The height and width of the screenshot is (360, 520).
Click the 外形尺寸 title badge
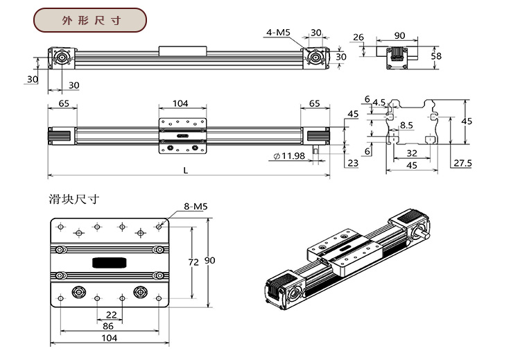[91, 20]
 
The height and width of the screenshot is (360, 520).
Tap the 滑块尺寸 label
[73, 199]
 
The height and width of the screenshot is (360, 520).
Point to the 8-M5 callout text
[195, 206]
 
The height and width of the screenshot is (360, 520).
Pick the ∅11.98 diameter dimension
[290, 156]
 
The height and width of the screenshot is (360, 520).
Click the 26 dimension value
[358, 37]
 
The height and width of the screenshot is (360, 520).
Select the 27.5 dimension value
[461, 163]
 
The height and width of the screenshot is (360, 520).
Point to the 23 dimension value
[353, 163]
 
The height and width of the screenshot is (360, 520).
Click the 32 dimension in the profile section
[411, 153]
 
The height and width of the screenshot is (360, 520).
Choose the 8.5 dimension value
[407, 126]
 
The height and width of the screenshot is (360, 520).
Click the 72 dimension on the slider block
[193, 262]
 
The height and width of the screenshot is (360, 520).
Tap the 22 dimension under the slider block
[111, 314]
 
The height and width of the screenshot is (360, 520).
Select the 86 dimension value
[108, 325]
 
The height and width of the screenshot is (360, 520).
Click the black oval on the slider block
[109, 262]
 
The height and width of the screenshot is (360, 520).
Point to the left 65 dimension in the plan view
[63, 103]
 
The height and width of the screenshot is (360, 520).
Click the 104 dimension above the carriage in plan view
[180, 103]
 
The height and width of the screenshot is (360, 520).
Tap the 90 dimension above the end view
[400, 35]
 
